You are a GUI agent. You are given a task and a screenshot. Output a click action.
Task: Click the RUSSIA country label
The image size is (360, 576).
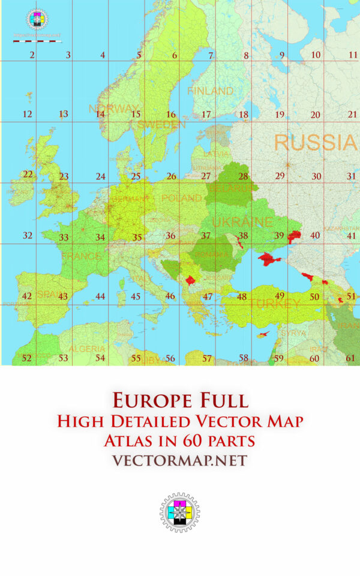(x=314, y=143)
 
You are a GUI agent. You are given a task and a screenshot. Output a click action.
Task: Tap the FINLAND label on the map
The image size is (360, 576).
(x=210, y=91)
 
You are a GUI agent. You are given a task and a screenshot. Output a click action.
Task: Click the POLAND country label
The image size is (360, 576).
(x=181, y=198)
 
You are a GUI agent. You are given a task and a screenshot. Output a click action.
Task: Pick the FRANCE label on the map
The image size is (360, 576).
(x=81, y=256)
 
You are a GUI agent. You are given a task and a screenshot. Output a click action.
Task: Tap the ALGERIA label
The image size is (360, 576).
(x=87, y=349)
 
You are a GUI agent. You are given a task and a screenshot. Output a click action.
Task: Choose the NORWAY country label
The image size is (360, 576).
(x=113, y=109)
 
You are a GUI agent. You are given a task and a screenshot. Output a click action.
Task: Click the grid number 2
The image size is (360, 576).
(x=32, y=55)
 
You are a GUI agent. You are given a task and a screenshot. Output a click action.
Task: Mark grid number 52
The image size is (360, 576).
(x=26, y=358)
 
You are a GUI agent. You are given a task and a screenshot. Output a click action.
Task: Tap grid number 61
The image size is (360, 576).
(x=351, y=358)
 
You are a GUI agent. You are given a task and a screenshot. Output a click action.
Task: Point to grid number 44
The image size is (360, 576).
(x=100, y=296)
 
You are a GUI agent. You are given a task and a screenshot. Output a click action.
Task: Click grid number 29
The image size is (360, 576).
(x=280, y=176)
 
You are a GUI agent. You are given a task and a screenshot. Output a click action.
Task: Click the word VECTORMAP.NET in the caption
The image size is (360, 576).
(x=179, y=460)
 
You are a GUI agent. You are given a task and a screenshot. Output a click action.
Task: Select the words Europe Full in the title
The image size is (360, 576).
(x=179, y=400)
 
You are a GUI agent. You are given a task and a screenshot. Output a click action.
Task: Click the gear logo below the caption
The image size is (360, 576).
(x=179, y=512)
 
